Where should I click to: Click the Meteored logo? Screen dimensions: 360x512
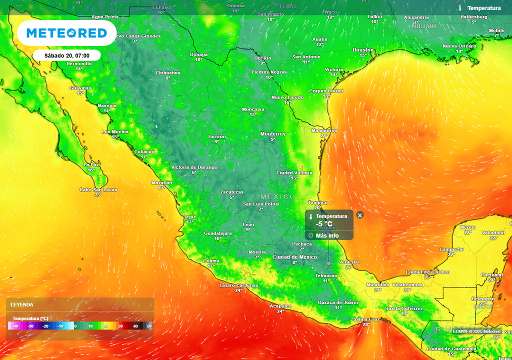pyautogui.click(x=66, y=33)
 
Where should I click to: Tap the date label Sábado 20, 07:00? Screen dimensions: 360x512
pyautogui.click(x=67, y=55)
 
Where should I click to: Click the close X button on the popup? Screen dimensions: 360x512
pyautogui.click(x=360, y=215)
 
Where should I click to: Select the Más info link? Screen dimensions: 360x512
pyautogui.click(x=326, y=235)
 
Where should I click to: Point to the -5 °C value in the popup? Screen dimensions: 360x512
pyautogui.click(x=324, y=223)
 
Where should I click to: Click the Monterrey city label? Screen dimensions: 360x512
pyautogui.click(x=273, y=134)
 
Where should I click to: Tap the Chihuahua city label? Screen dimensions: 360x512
pyautogui.click(x=168, y=73)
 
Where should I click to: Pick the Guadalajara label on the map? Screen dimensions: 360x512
pyautogui.click(x=218, y=233)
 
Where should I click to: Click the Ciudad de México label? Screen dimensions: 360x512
pyautogui.click(x=294, y=257)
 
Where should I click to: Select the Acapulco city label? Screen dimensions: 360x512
pyautogui.click(x=280, y=306)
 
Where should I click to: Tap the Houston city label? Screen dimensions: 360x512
pyautogui.click(x=363, y=50)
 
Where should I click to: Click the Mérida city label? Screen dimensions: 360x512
pyautogui.click(x=467, y=227)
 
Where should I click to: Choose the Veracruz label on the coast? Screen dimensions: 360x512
pyautogui.click(x=349, y=262)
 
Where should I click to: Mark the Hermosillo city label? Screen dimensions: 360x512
pyautogui.click(x=79, y=64)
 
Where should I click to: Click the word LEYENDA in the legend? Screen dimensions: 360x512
pyautogui.click(x=22, y=304)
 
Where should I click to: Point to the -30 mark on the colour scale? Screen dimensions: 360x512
pyautogui.click(x=30, y=326)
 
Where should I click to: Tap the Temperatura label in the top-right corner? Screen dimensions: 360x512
pyautogui.click(x=483, y=8)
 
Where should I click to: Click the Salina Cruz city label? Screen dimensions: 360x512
pyautogui.click(x=366, y=319)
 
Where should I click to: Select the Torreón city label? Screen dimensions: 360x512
pyautogui.click(x=217, y=136)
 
